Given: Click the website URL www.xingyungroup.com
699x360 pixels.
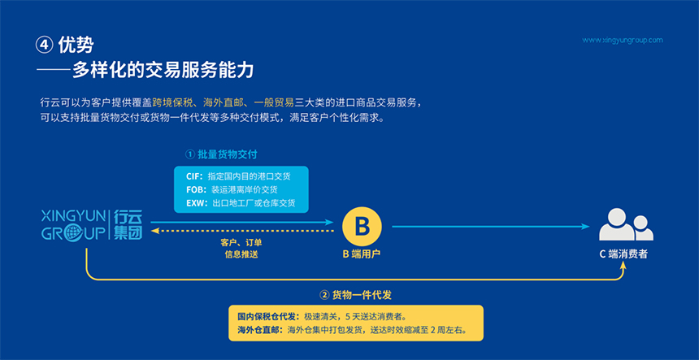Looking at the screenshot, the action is (623, 40).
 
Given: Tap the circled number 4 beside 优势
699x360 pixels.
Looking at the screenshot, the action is (45, 46).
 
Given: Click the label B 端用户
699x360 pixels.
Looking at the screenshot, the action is (361, 254).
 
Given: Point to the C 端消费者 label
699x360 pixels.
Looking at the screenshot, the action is (623, 254).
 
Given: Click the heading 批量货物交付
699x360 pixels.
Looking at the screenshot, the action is (227, 154).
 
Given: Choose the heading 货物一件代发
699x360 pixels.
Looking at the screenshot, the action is (362, 294).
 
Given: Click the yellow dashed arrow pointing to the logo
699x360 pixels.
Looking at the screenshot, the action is (242, 231).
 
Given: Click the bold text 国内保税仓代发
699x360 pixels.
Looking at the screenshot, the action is (267, 317).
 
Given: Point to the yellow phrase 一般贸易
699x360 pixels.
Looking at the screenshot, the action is (274, 103).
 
